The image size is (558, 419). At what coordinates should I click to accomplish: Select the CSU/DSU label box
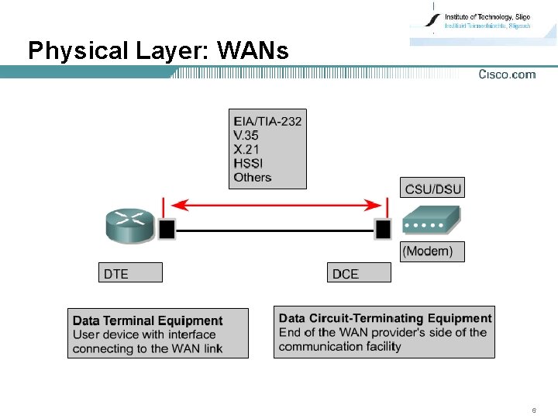point(432,189)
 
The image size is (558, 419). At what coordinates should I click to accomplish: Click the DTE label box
point(131,272)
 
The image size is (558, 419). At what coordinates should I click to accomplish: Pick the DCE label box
point(360,272)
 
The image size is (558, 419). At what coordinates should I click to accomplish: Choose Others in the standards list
point(253,177)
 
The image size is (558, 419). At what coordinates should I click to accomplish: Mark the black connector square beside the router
point(166,229)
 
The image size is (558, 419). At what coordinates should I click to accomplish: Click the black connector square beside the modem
point(382,229)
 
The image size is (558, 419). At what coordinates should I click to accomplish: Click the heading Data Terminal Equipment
point(147,320)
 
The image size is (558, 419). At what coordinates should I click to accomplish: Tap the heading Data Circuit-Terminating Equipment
point(385,318)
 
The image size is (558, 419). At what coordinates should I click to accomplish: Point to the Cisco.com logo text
point(507,74)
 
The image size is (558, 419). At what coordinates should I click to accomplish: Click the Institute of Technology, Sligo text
point(487,16)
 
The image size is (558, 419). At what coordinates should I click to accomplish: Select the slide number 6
point(534,410)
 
